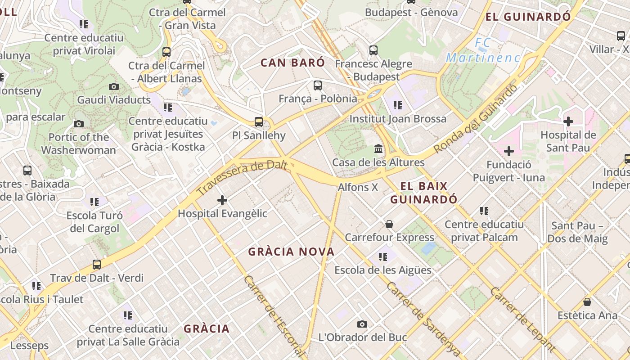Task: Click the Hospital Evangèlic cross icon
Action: pos(222,200)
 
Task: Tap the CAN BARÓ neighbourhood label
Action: pos(292,63)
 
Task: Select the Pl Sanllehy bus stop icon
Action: pos(259,121)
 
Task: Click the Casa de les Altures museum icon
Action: pos(378,148)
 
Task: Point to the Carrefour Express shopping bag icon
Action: pos(389,224)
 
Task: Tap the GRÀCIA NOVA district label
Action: pos(292,252)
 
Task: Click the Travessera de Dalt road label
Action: pos(242,178)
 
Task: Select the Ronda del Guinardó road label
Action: pos(476,119)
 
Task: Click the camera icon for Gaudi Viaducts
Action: pos(114,86)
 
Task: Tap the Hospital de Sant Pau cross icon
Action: pos(568,121)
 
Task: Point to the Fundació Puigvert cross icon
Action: pos(509,151)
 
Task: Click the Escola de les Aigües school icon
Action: pos(383,256)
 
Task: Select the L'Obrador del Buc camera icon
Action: pos(362,324)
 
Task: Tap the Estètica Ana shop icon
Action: pos(587,301)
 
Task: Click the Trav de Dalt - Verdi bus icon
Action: pos(97,265)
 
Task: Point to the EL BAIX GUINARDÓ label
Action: pos(424,193)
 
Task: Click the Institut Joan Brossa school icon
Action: pos(397,105)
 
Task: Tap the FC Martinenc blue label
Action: pos(483,50)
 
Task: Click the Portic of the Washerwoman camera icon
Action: pos(79,124)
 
